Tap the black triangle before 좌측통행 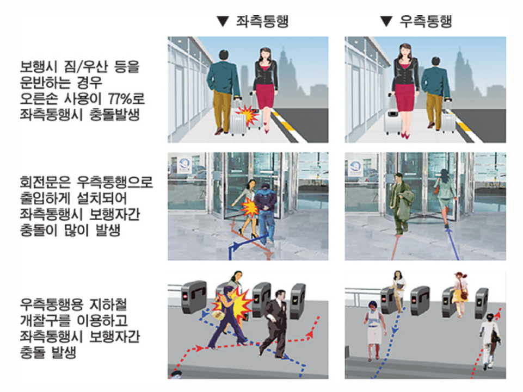coord(221,22)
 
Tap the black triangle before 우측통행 coord(386,22)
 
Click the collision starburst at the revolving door coord(250,207)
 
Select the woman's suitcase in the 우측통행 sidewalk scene coord(393,121)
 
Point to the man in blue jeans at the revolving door coord(266,212)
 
